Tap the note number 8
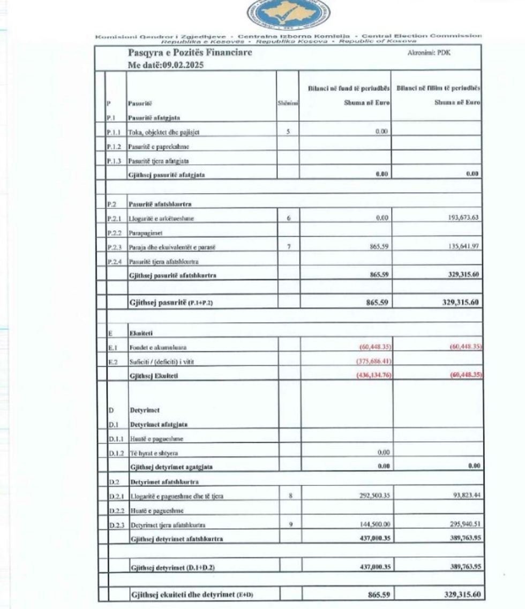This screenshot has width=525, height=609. pyautogui.click(x=289, y=496)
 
